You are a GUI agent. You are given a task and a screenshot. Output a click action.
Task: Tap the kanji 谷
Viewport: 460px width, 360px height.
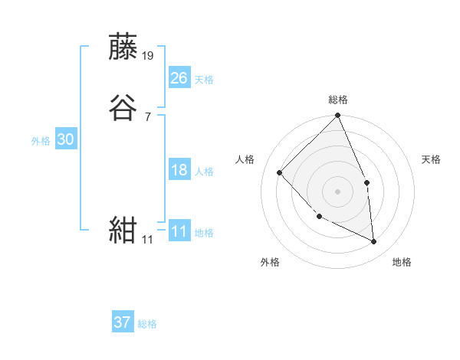click(x=124, y=108)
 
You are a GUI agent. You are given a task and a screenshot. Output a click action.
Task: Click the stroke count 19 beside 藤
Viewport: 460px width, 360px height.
click(x=149, y=56)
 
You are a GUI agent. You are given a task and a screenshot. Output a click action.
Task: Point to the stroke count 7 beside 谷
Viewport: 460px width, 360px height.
click(x=148, y=117)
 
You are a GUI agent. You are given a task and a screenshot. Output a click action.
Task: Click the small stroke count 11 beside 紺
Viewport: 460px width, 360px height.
click(x=147, y=240)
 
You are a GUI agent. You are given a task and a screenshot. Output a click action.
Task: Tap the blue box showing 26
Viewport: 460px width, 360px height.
click(x=179, y=78)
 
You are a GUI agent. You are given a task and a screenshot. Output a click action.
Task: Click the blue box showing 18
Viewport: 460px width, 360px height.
click(x=179, y=170)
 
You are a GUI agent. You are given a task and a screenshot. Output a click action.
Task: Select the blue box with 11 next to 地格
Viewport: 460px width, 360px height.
click(x=179, y=231)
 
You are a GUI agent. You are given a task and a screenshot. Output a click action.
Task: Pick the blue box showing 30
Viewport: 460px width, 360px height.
click(x=66, y=139)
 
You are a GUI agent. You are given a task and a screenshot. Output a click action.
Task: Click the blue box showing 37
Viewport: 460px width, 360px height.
click(x=123, y=322)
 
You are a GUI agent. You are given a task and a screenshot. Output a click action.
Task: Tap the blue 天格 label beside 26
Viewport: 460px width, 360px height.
click(x=204, y=80)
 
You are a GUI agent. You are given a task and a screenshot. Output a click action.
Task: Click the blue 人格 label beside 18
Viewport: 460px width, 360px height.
click(x=204, y=172)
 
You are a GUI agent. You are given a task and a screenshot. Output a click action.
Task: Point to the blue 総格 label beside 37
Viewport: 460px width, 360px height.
click(x=147, y=324)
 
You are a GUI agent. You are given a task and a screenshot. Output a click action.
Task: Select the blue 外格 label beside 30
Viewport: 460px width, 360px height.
click(x=41, y=141)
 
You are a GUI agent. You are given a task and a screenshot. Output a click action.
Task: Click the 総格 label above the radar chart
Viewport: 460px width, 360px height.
click(x=338, y=100)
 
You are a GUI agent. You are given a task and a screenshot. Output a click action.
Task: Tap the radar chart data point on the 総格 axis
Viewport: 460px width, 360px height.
click(x=338, y=116)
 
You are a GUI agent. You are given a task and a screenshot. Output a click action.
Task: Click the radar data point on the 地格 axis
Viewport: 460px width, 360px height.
click(x=374, y=242)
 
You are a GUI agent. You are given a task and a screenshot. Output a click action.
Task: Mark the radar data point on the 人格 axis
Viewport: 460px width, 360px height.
click(x=280, y=172)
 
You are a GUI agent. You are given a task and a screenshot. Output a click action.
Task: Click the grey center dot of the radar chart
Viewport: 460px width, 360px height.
click(x=338, y=191)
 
